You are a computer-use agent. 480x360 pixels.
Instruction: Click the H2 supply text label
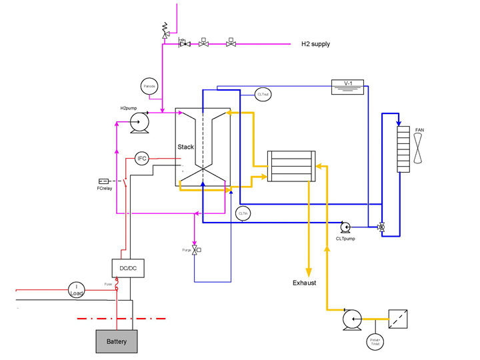[x=315, y=44]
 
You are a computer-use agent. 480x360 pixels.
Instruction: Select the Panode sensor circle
[x=149, y=86]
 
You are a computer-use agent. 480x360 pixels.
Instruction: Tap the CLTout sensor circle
[x=263, y=95]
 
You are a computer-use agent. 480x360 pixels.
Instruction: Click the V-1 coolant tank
[x=347, y=86]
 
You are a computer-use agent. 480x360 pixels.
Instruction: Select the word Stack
[x=185, y=147]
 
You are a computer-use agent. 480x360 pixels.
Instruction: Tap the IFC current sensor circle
[x=141, y=158]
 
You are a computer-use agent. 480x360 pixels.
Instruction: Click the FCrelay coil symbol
[x=104, y=181]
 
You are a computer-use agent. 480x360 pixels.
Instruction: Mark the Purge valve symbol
[x=195, y=250]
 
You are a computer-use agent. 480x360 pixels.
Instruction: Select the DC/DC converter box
[x=127, y=267]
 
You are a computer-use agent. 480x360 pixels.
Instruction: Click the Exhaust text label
[x=304, y=283]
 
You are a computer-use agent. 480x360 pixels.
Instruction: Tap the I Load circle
[x=76, y=289]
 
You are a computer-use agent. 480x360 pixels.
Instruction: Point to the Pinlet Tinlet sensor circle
[x=375, y=341]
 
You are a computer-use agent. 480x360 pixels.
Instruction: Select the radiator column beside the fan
[x=403, y=149]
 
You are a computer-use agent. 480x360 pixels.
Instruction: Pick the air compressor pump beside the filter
[x=351, y=320]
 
